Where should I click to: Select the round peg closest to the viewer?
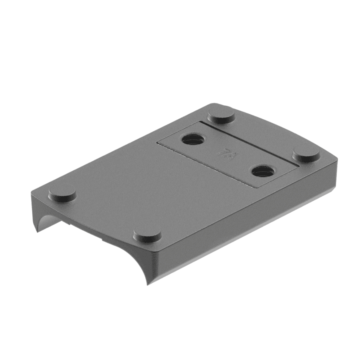point(147,234)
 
